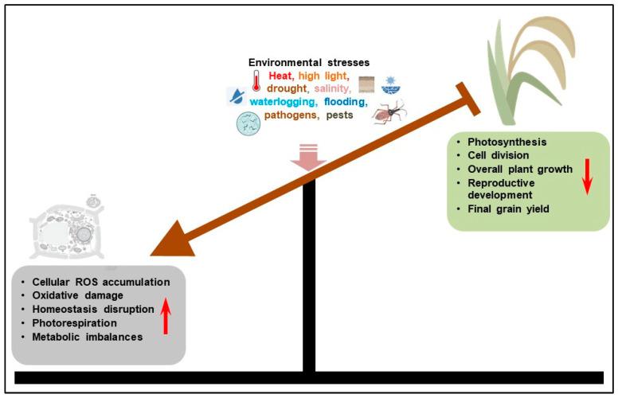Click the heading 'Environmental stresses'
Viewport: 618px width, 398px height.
click(308, 62)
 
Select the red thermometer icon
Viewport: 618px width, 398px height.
click(256, 81)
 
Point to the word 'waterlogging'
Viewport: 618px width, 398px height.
click(284, 102)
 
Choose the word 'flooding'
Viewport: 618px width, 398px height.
click(345, 102)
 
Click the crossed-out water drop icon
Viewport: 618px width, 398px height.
click(236, 97)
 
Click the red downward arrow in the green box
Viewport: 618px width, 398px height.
click(586, 176)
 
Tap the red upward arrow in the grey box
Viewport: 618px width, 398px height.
click(166, 314)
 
